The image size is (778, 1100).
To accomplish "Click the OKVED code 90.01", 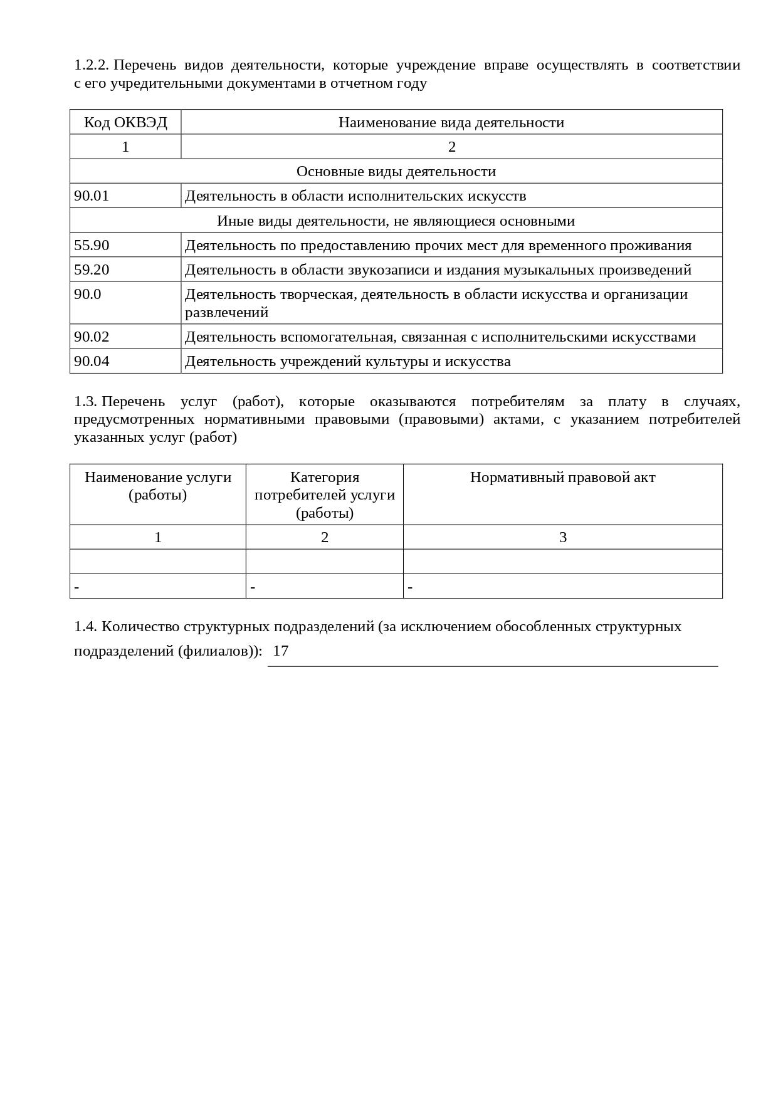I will pyautogui.click(x=92, y=196).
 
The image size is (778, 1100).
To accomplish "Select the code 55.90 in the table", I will pyautogui.click(x=92, y=245).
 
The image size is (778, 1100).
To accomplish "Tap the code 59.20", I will pyautogui.click(x=92, y=270).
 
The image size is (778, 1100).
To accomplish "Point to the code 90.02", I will pyautogui.click(x=92, y=337).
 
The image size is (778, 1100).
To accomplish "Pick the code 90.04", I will pyautogui.click(x=92, y=361).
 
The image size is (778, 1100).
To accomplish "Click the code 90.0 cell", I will pyautogui.click(x=88, y=294).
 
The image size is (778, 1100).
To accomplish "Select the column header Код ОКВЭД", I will pyautogui.click(x=125, y=122).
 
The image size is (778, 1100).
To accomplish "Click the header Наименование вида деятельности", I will pyautogui.click(x=451, y=122).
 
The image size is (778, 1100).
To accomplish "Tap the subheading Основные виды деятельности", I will pyautogui.click(x=396, y=171).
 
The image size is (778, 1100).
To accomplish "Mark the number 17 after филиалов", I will pyautogui.click(x=281, y=651).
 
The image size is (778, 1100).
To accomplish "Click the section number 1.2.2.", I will pyautogui.click(x=92, y=65).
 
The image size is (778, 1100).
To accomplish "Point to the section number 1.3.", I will pyautogui.click(x=85, y=402).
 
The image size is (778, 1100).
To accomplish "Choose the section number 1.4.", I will pyautogui.click(x=85, y=626).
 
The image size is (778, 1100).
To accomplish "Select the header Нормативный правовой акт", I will pyautogui.click(x=562, y=477).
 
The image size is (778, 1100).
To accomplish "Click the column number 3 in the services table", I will pyautogui.click(x=562, y=537).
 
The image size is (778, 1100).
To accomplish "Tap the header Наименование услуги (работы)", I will pyautogui.click(x=158, y=486).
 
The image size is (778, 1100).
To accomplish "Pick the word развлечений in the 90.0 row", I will pyautogui.click(x=226, y=312).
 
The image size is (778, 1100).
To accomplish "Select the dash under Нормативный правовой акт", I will pyautogui.click(x=410, y=587).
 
